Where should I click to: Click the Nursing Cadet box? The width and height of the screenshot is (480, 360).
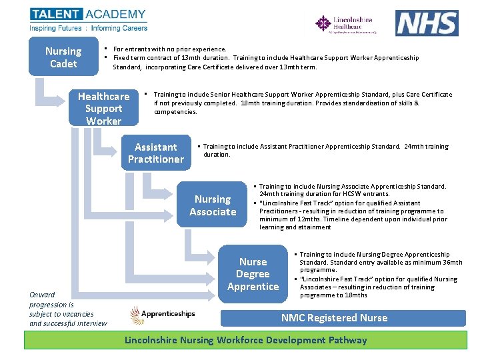pos(63,57)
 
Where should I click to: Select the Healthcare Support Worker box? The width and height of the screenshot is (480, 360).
pos(103,108)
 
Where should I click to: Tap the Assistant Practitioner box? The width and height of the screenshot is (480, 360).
pos(155,153)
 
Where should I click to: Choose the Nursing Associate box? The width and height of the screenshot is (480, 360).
pos(213,205)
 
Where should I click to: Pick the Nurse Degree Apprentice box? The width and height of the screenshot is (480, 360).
pos(253,274)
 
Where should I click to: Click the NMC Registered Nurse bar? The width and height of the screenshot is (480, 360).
pos(334,318)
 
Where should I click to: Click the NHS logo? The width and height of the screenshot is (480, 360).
pos(427,23)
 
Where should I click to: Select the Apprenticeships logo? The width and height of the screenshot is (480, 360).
pos(163,313)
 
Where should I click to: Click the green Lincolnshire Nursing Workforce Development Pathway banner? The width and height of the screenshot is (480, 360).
pos(246,340)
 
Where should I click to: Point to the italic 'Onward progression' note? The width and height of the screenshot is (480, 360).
pos(67,309)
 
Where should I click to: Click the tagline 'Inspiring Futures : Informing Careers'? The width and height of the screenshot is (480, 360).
pos(88,29)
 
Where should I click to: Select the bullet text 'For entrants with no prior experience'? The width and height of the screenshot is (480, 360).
pos(169,49)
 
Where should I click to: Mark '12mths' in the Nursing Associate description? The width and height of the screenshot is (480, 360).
pos(297,219)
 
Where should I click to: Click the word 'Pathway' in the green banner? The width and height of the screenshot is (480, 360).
pos(347,340)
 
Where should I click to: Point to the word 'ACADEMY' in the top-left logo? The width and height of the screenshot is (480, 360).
pos(115,14)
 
